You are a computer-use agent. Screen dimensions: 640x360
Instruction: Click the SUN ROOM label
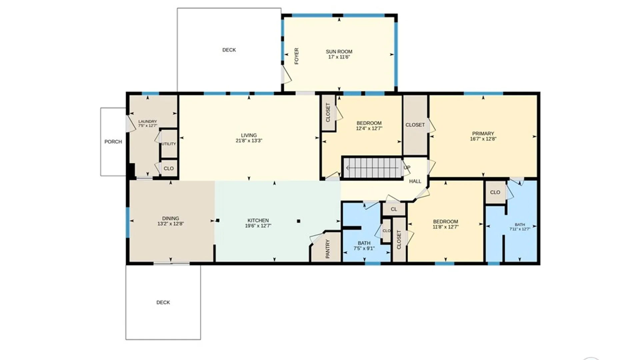339,52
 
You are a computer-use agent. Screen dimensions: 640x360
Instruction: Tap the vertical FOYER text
296,56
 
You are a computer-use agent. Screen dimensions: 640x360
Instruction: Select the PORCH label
113,142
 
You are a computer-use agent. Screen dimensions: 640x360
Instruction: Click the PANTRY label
327,249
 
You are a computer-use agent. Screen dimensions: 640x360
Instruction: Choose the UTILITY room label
169,144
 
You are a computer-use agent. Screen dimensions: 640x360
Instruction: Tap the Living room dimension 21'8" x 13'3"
249,141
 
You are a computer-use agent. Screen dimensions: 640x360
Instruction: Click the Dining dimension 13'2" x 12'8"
171,224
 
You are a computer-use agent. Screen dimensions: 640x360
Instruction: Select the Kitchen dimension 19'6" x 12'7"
258,226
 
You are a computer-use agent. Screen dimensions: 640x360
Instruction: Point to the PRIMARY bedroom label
483,133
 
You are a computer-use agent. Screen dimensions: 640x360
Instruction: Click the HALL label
415,181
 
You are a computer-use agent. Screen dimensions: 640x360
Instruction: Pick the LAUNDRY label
147,122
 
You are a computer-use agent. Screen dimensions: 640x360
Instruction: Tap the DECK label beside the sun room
229,50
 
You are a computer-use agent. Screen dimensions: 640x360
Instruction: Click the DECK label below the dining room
163,302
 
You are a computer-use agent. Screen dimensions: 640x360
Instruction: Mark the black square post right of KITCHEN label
299,221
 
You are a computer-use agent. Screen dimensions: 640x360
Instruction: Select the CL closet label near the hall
394,209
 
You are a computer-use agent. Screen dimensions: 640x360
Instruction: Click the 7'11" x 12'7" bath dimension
520,229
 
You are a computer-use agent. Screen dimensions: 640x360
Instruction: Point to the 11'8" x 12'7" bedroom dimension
446,227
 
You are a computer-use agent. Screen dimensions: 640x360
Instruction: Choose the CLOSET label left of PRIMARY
415,125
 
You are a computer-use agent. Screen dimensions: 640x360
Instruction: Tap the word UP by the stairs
407,167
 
